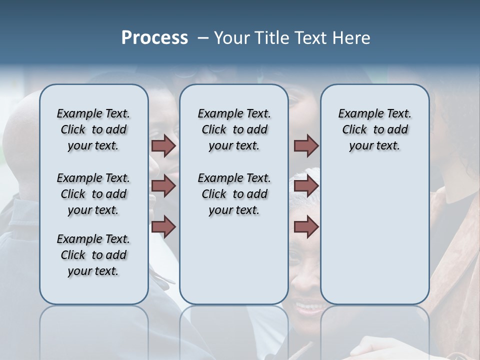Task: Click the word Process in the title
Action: pos(154,38)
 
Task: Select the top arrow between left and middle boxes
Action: pos(163,145)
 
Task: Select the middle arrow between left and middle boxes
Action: pos(163,186)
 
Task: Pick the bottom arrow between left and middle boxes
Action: pos(163,226)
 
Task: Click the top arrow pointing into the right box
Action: pos(306,145)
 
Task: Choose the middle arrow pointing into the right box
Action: pos(306,186)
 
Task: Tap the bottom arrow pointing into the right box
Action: pos(306,226)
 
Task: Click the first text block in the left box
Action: pos(93,129)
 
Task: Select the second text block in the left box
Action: pos(93,194)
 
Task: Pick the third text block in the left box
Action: pos(93,255)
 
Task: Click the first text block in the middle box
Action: pos(234,129)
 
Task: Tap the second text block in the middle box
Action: pos(234,194)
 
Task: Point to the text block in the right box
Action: pos(374,129)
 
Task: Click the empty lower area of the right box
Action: pos(374,235)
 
